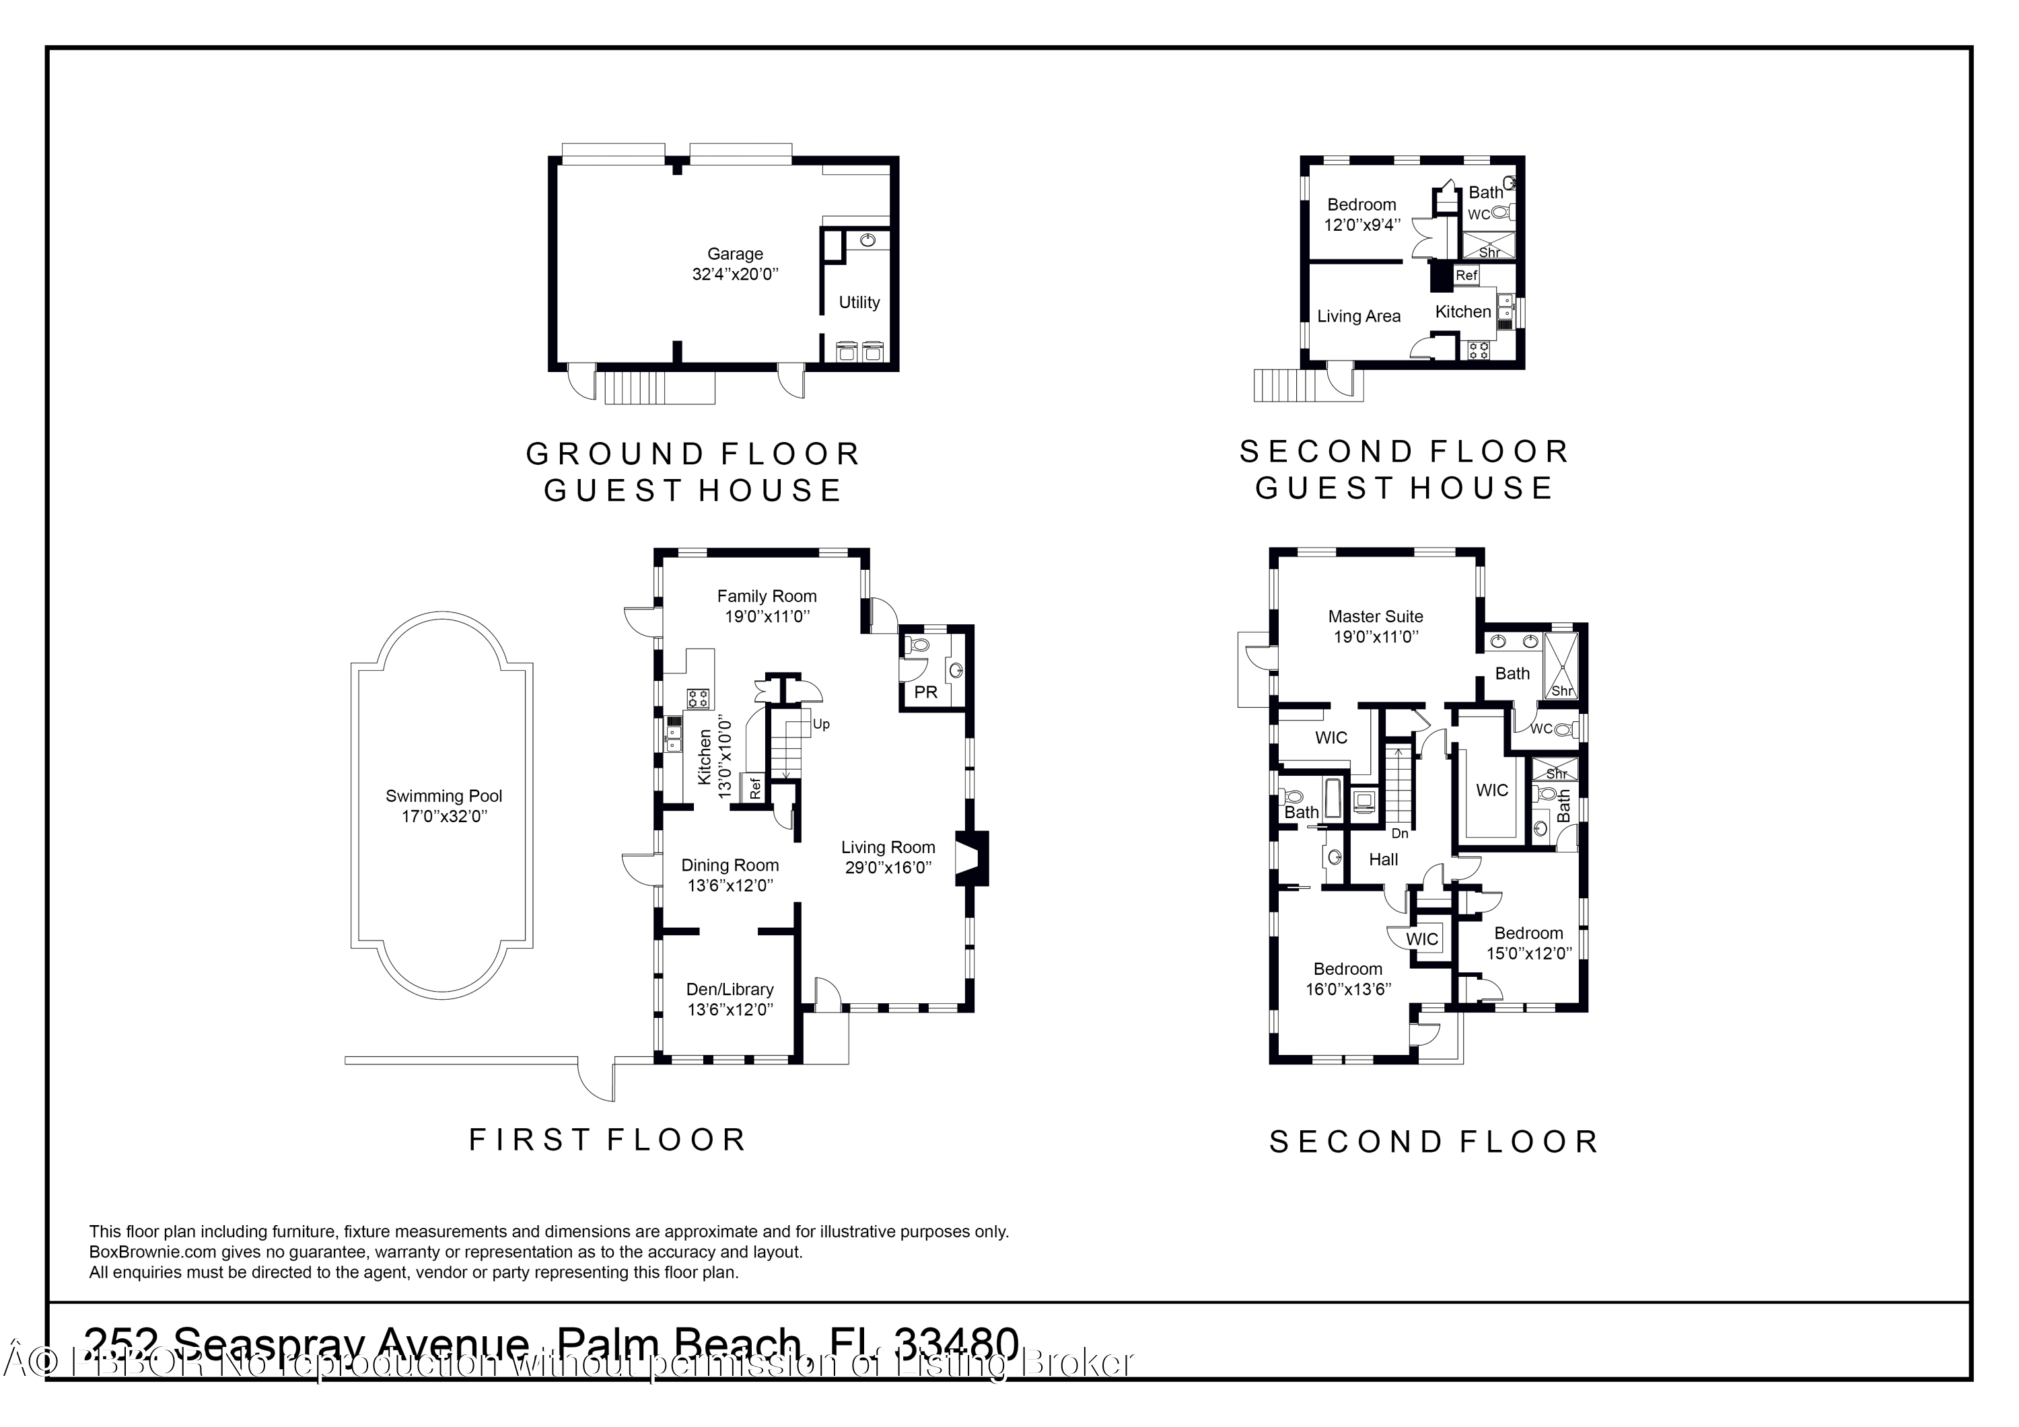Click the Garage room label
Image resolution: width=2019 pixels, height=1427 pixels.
coord(734,254)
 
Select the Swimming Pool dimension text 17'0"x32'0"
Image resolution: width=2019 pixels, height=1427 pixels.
coord(444,817)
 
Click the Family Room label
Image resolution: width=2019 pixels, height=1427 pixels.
coord(766,596)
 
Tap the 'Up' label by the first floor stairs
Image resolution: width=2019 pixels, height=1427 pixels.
coord(820,725)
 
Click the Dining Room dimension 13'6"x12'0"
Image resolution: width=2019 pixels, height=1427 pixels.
coord(730,885)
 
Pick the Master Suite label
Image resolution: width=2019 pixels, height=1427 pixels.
coord(1376,617)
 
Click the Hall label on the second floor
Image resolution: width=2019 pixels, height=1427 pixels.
coord(1382,860)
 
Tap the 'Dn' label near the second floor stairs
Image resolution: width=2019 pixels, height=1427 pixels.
coord(1399,834)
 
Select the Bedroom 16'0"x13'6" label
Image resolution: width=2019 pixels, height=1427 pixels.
coord(1347,969)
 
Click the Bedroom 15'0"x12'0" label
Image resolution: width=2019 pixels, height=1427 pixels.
coord(1528,934)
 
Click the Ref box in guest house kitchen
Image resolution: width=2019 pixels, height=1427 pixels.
coord(1466,275)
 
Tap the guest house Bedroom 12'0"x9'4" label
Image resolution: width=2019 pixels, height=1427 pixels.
coord(1361,205)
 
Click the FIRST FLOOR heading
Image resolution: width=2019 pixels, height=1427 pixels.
coord(607,1140)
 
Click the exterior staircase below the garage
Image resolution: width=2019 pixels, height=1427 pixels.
coord(659,387)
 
